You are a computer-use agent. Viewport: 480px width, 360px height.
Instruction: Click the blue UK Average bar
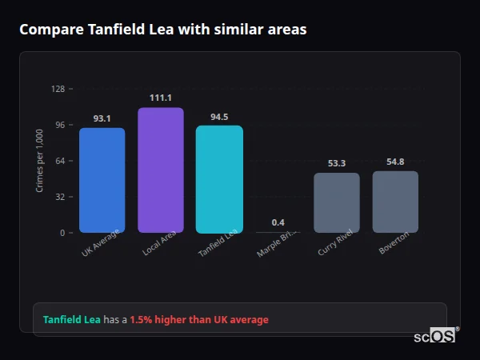[102, 180]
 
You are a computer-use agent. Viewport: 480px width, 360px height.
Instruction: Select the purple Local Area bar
[161, 170]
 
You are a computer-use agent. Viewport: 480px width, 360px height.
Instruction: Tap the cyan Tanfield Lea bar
[219, 179]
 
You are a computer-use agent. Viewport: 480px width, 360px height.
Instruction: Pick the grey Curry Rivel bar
[337, 202]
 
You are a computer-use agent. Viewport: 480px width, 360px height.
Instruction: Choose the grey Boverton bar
[395, 202]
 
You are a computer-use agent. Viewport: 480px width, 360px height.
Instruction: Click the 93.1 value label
[102, 118]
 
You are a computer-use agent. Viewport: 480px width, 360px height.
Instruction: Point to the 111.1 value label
[161, 98]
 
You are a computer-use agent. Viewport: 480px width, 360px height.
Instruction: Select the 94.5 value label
[219, 117]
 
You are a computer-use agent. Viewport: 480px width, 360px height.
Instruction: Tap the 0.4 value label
[278, 222]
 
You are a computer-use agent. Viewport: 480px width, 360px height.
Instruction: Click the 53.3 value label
[337, 163]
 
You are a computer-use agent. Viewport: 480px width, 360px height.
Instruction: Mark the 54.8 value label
[395, 162]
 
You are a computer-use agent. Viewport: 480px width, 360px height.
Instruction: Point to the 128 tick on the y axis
[58, 89]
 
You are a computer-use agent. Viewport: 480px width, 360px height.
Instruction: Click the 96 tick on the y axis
[59, 125]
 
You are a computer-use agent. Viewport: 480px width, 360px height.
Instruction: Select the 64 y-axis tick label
[59, 161]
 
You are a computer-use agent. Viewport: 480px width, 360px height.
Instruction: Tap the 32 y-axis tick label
[59, 197]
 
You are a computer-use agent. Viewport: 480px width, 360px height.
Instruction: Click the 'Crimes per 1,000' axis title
[40, 161]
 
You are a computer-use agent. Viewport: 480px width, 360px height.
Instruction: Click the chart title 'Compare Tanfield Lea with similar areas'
[162, 29]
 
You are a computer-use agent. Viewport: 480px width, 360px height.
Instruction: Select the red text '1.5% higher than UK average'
[199, 320]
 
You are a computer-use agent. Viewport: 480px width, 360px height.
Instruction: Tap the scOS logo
[435, 335]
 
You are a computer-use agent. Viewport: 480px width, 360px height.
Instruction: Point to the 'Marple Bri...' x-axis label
[274, 245]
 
